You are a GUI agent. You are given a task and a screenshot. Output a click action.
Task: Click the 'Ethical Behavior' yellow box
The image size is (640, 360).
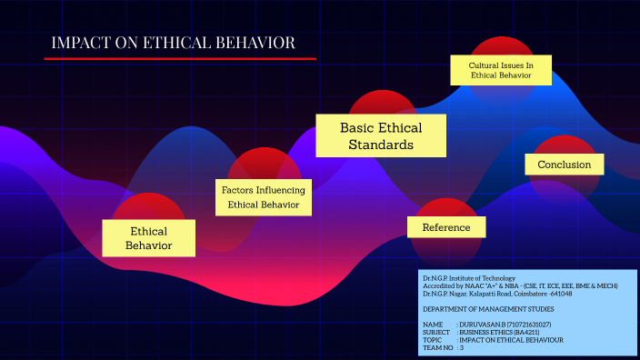(x=149, y=238)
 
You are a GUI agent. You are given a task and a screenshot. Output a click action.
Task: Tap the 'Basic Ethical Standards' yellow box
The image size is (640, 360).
(x=381, y=135)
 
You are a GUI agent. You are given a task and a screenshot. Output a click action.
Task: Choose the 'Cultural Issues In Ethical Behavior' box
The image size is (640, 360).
(x=501, y=70)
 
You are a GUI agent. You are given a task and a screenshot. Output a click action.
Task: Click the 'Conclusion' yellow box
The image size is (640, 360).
(x=564, y=165)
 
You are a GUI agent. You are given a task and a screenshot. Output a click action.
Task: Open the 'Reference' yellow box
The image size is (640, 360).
(x=446, y=227)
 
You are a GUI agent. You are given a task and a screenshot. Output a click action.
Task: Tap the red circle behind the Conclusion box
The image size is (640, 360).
(x=565, y=145)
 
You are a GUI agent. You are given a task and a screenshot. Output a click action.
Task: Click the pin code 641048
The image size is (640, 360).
(x=560, y=294)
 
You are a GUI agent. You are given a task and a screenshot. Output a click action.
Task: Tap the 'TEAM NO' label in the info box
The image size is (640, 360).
(x=439, y=347)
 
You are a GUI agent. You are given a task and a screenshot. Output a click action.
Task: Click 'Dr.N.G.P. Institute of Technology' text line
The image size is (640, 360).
(x=468, y=277)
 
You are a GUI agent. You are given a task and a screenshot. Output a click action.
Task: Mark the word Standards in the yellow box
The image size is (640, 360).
(x=381, y=145)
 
